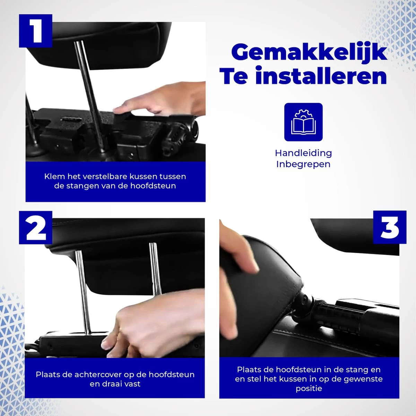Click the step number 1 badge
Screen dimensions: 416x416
(35, 31)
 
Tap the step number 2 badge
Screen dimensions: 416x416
(35, 227)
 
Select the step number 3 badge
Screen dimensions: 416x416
(389, 227)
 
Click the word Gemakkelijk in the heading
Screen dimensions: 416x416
(309, 53)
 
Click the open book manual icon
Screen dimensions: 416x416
(303, 122)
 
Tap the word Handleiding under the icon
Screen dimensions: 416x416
(303, 153)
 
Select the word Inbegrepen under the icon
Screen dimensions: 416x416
(303, 164)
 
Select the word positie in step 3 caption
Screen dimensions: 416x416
(309, 389)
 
